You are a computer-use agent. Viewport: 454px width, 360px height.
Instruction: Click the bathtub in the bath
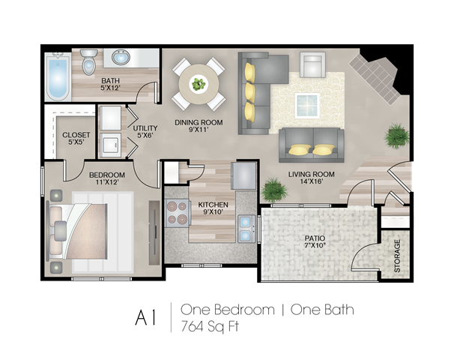(x=58, y=76)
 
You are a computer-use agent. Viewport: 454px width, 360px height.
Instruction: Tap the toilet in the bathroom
(x=88, y=62)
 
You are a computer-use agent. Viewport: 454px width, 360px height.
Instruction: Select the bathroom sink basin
(x=121, y=58)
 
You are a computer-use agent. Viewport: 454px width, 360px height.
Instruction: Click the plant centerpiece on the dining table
(x=199, y=84)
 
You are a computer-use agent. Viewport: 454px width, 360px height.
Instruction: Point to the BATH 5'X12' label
(x=110, y=84)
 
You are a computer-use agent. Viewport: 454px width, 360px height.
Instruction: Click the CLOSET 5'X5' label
(x=76, y=138)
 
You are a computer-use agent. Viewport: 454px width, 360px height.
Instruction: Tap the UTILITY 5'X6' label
(x=145, y=131)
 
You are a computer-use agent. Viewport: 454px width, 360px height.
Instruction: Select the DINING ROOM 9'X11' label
(x=199, y=126)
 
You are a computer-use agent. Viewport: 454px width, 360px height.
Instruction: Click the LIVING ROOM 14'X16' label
(x=311, y=178)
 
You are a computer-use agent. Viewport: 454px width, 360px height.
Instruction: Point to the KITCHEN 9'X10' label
(x=213, y=208)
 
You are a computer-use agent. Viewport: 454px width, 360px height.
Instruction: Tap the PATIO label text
(x=315, y=238)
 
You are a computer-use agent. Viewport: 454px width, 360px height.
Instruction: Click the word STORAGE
(x=397, y=256)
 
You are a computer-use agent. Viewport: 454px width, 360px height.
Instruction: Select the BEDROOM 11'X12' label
(x=107, y=178)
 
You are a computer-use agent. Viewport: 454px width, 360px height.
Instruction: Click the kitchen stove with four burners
(x=178, y=213)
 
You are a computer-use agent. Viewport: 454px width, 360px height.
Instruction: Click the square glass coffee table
(x=307, y=106)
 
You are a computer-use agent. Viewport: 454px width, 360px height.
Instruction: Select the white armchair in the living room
(x=312, y=64)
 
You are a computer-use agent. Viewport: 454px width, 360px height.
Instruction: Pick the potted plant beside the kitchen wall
(x=274, y=190)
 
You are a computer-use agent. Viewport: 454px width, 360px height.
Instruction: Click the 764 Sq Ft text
(x=210, y=327)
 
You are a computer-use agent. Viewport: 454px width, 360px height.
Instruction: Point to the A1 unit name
(x=145, y=318)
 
